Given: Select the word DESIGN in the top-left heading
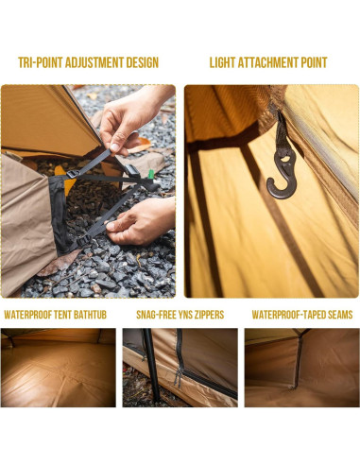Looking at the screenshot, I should coord(143,63).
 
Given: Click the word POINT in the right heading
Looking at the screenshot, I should coord(314,63).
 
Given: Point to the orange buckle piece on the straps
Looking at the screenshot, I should coord(60,171).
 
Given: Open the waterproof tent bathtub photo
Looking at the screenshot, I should coord(58,368).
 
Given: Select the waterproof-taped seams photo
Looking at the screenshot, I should coord(300,368).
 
